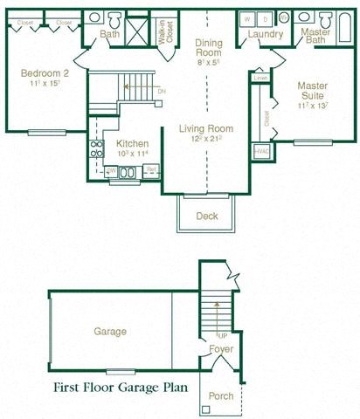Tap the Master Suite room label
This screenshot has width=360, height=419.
click(312, 91)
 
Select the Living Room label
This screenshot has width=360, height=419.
click(206, 129)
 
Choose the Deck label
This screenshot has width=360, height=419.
click(207, 216)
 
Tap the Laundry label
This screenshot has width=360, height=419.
click(264, 34)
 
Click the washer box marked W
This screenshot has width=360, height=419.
click(249, 17)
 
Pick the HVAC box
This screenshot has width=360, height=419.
click(260, 151)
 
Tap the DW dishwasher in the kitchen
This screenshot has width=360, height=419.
click(111, 171)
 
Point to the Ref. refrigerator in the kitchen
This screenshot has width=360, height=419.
click(151, 170)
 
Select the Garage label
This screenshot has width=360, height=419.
click(110, 332)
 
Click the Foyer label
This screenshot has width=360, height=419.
click(220, 351)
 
